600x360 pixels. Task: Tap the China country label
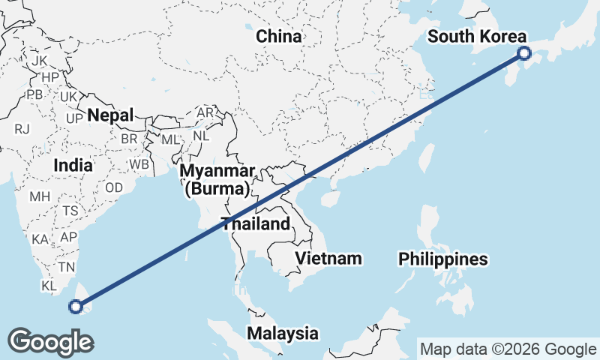click(x=279, y=36)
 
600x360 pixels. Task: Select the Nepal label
click(x=109, y=115)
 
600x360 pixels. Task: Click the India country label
click(x=73, y=165)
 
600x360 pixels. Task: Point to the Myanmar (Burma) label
click(x=217, y=179)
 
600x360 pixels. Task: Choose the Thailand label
click(x=255, y=223)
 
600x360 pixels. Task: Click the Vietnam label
click(x=328, y=259)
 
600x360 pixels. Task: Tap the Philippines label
click(x=443, y=259)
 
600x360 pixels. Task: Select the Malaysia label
click(x=283, y=333)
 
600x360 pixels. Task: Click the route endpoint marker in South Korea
click(x=524, y=52)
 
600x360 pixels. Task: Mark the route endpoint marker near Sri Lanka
click(x=75, y=305)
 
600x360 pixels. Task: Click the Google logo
click(x=50, y=341)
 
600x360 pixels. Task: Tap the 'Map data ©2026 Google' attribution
click(x=508, y=349)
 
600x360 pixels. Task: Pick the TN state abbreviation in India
click(x=67, y=267)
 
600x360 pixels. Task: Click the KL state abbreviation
click(x=49, y=286)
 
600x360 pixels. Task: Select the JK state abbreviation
click(x=40, y=60)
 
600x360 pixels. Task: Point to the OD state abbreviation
click(x=114, y=187)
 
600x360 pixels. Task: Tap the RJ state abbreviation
click(x=22, y=128)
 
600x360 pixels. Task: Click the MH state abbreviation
click(x=40, y=197)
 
